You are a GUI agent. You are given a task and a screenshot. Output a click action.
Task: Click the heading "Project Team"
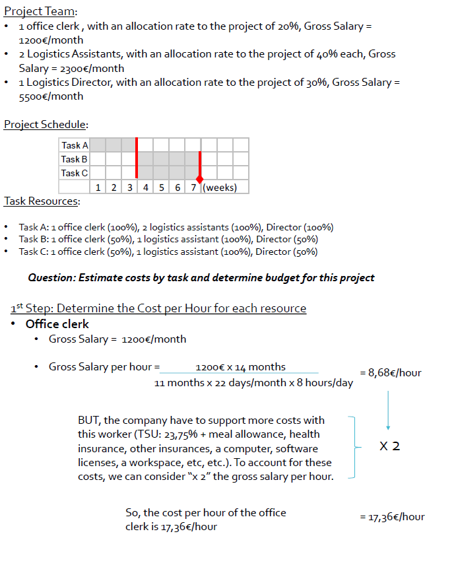pos(40,11)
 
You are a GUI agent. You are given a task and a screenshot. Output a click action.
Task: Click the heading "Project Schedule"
pos(46,124)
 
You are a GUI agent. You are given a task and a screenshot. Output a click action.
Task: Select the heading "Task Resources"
pos(42,201)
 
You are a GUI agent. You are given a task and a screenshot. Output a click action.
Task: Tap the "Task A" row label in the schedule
pos(74,145)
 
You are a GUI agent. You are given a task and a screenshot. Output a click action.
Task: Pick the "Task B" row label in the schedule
pos(74,159)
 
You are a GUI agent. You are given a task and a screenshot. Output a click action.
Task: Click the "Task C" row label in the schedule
pos(74,173)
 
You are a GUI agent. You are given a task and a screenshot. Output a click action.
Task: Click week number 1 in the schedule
pos(98,187)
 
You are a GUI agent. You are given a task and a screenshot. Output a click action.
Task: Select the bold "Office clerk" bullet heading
pos(57,324)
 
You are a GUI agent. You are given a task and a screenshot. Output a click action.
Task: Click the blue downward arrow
pos(388,410)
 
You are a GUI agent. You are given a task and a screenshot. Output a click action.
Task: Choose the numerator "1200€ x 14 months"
pos(240,367)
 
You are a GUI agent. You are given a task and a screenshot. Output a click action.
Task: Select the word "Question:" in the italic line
pos(51,277)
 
